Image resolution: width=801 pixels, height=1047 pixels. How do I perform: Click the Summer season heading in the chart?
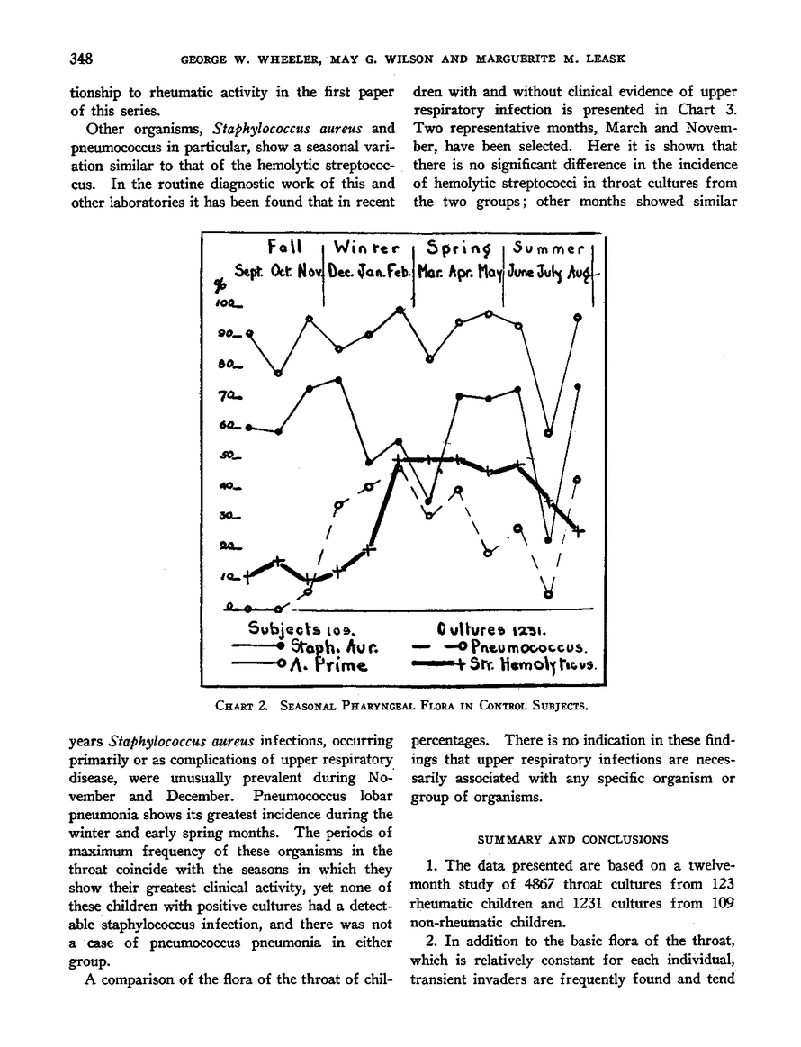[549, 247]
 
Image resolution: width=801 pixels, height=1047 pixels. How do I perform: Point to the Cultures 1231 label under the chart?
[490, 627]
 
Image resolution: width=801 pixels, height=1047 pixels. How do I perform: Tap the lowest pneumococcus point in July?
[549, 593]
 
